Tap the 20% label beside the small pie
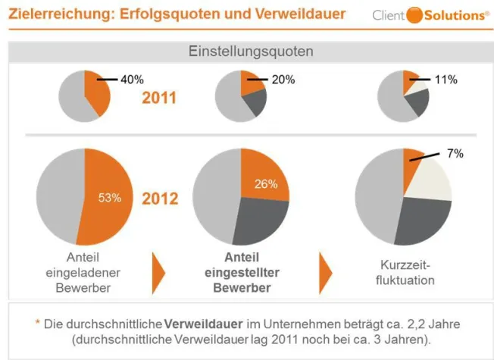click(283, 79)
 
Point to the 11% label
click(446, 79)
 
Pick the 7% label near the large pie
click(455, 153)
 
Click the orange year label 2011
click(160, 99)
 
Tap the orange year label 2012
click(160, 199)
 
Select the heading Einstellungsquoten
click(250, 52)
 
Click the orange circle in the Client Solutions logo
click(415, 15)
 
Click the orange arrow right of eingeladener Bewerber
click(158, 271)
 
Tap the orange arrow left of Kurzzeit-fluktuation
click(324, 271)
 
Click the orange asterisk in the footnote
click(38, 323)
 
